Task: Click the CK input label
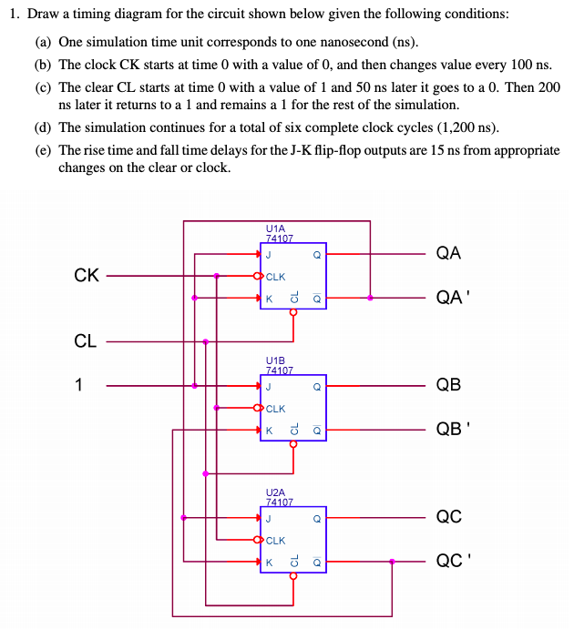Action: (x=86, y=275)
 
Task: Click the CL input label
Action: (x=86, y=341)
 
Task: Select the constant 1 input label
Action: (x=79, y=385)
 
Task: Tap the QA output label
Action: (x=448, y=254)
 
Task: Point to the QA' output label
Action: (x=451, y=297)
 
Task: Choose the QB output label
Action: (x=448, y=385)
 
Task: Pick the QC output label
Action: (x=448, y=517)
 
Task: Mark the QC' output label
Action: (x=451, y=561)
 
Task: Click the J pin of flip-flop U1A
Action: (x=269, y=256)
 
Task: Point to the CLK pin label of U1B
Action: (x=276, y=409)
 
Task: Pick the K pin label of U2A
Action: (x=269, y=562)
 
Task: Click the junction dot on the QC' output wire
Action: (x=392, y=561)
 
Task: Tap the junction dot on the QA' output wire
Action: (x=370, y=297)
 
